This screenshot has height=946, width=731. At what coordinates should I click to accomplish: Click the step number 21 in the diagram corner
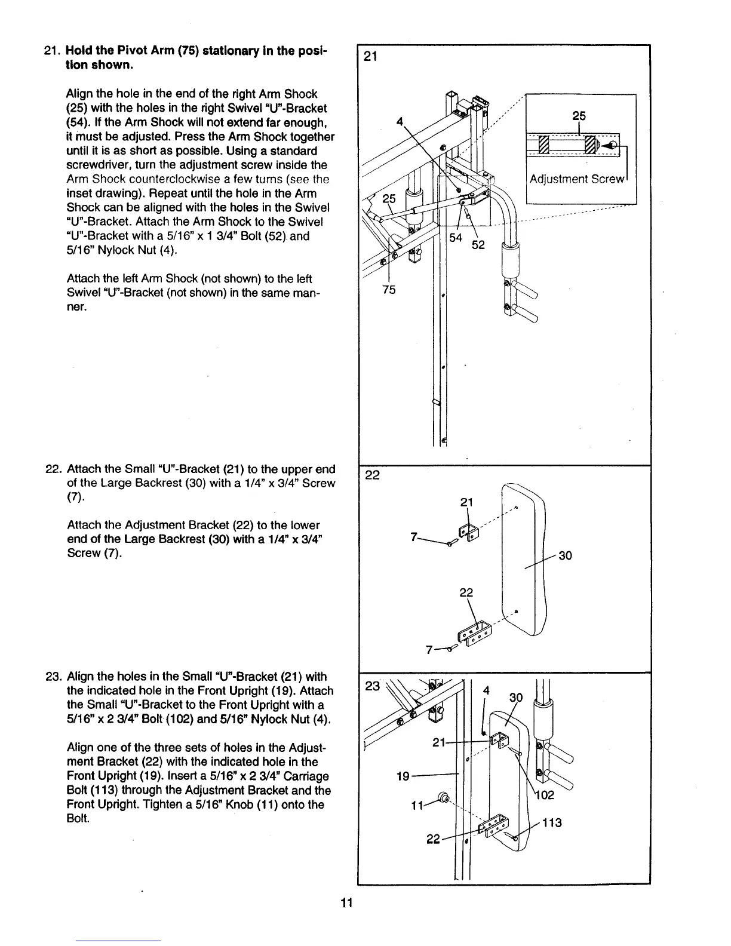370,57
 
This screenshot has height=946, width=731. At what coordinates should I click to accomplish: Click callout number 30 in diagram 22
565,555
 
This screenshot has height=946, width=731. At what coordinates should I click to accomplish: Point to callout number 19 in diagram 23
403,776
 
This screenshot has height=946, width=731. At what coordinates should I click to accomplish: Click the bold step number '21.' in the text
51,51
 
